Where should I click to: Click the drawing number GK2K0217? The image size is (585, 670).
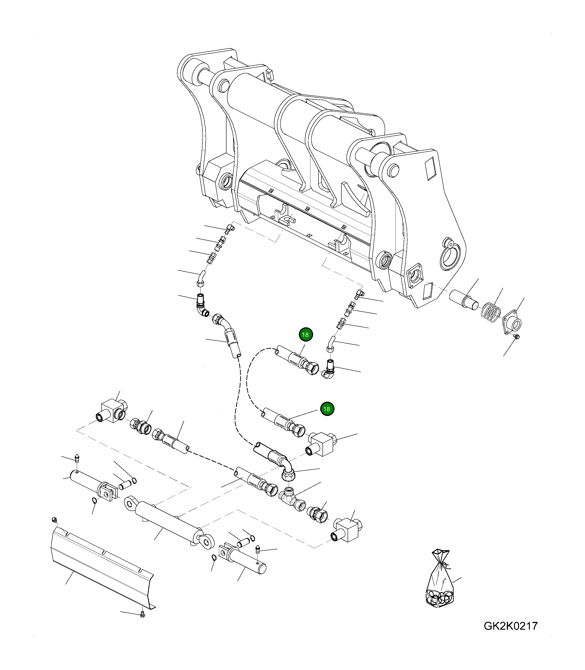tap(510, 626)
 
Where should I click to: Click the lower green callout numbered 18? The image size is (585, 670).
tap(327, 409)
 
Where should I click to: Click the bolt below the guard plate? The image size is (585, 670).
tap(142, 615)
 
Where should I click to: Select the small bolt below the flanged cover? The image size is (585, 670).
tap(516, 337)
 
